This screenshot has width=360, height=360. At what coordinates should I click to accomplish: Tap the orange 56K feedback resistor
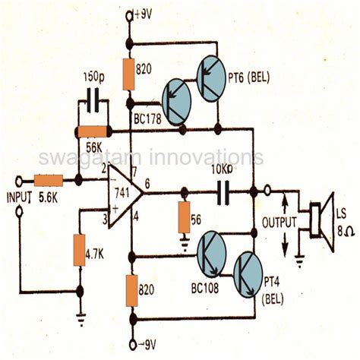pos(96,131)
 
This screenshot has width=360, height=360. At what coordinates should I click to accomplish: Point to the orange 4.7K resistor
pos(79,250)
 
